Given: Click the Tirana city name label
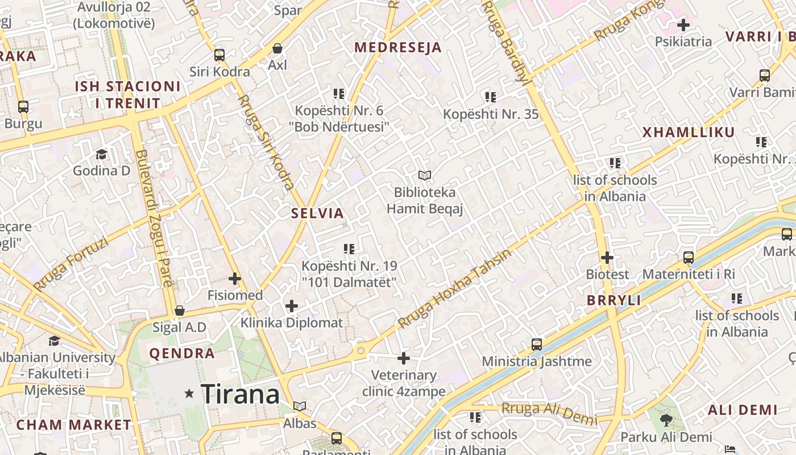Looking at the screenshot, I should (240, 394).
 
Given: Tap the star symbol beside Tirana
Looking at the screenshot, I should (189, 394).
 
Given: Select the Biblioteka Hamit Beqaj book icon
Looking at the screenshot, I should (424, 175).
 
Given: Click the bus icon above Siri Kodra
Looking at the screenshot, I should (219, 55).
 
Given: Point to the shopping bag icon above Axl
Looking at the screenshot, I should (277, 48).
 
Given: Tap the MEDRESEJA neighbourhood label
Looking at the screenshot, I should (398, 47).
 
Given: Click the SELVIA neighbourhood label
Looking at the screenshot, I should (317, 213).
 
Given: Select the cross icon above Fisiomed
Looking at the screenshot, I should (234, 279).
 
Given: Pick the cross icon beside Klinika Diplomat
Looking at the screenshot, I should (292, 306).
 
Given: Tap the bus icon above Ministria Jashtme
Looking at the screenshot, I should (536, 344).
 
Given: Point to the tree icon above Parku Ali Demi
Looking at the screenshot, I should (666, 420).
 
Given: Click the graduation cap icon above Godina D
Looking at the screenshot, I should (101, 154).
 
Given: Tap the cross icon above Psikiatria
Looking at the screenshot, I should (683, 25).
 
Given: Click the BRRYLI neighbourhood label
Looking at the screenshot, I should (613, 300).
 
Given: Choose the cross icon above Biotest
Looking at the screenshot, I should (607, 258).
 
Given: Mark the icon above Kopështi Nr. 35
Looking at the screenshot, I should (490, 97).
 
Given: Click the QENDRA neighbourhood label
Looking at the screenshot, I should (182, 353).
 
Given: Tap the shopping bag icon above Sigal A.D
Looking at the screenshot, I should (180, 311).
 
